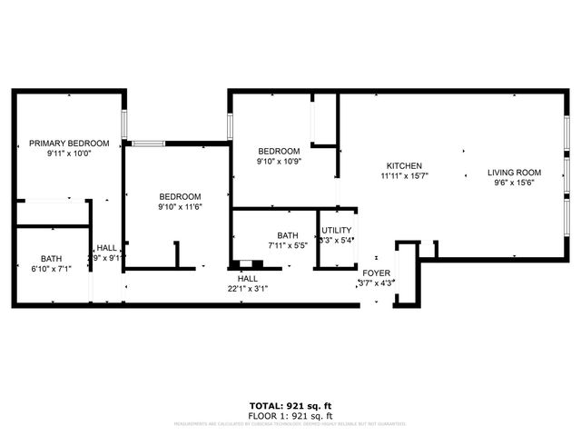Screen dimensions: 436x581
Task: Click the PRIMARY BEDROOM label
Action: point(69,144)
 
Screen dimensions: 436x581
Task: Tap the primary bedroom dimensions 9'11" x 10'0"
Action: point(69,154)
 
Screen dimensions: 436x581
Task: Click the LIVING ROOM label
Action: point(514,173)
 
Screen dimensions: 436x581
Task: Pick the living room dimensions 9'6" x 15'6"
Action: point(514,183)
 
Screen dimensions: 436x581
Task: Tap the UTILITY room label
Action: point(335,231)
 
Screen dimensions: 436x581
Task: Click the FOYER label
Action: point(376,272)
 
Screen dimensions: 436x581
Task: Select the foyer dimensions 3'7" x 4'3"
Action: point(376,283)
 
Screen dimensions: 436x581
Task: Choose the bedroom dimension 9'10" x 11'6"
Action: point(180,207)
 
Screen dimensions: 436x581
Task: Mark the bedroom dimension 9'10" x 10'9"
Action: point(278,162)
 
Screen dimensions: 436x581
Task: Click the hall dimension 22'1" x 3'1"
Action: point(248,289)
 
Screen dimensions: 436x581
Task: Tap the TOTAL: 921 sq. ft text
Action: point(290,406)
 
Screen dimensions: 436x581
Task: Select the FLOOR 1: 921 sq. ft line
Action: point(290,415)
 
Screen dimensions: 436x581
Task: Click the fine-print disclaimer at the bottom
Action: point(290,423)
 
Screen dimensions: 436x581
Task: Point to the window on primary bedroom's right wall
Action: point(126,122)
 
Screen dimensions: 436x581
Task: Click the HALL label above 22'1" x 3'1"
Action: point(248,279)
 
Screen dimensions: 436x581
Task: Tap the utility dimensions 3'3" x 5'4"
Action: point(335,241)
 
